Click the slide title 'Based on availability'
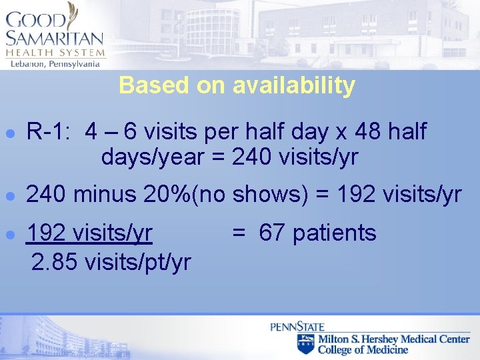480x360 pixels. [237, 86]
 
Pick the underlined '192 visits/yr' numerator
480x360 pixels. [89, 233]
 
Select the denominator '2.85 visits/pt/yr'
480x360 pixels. [111, 262]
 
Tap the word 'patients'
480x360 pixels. [335, 233]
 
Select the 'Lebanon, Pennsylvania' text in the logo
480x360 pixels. [55, 64]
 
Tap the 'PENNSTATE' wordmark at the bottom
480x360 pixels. [297, 327]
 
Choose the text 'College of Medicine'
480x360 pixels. [363, 349]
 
